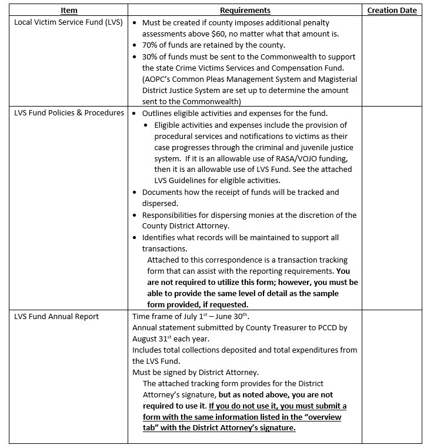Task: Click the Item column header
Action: coord(69,11)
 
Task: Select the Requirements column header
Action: coord(245,11)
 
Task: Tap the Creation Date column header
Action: coord(392,11)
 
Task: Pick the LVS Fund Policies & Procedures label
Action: coord(69,112)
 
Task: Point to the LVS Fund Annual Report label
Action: coord(56,316)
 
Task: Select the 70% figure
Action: coord(151,45)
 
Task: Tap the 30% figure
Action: coord(151,57)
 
